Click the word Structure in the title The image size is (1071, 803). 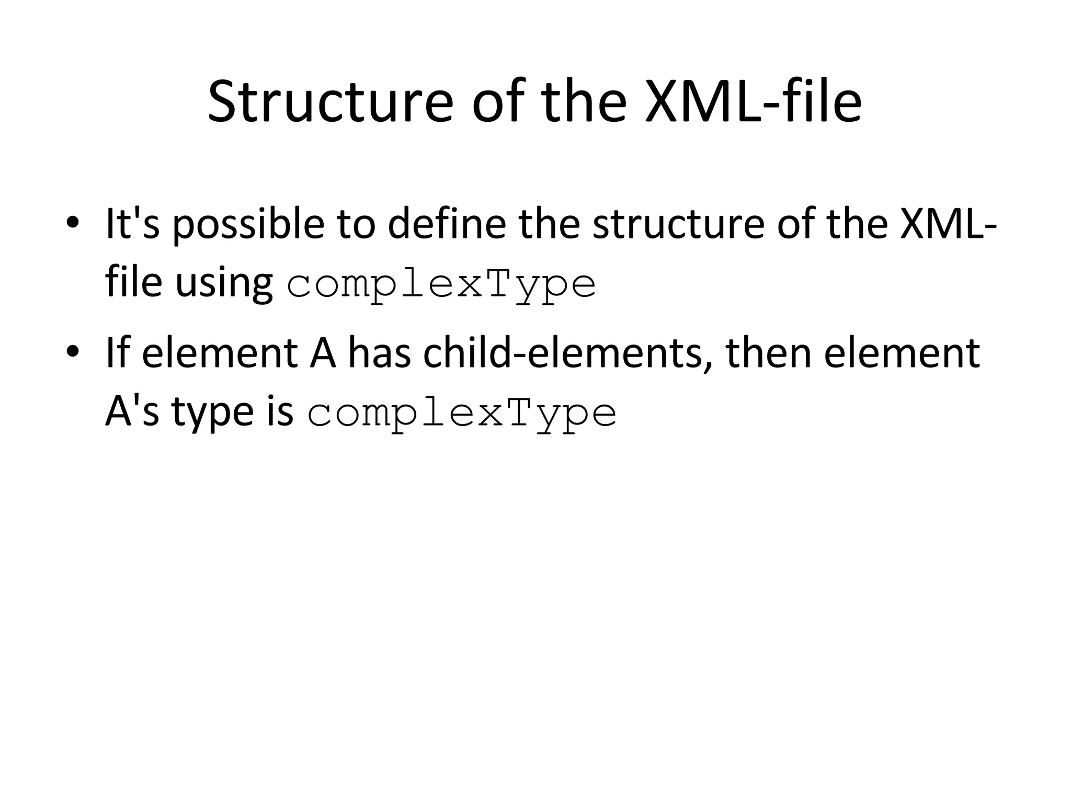tap(330, 101)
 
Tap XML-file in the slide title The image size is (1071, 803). tap(753, 101)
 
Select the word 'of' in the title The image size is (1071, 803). tap(497, 101)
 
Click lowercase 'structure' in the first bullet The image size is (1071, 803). tap(678, 223)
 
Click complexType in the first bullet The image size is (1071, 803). tap(441, 285)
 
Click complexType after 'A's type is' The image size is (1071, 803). tap(462, 414)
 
